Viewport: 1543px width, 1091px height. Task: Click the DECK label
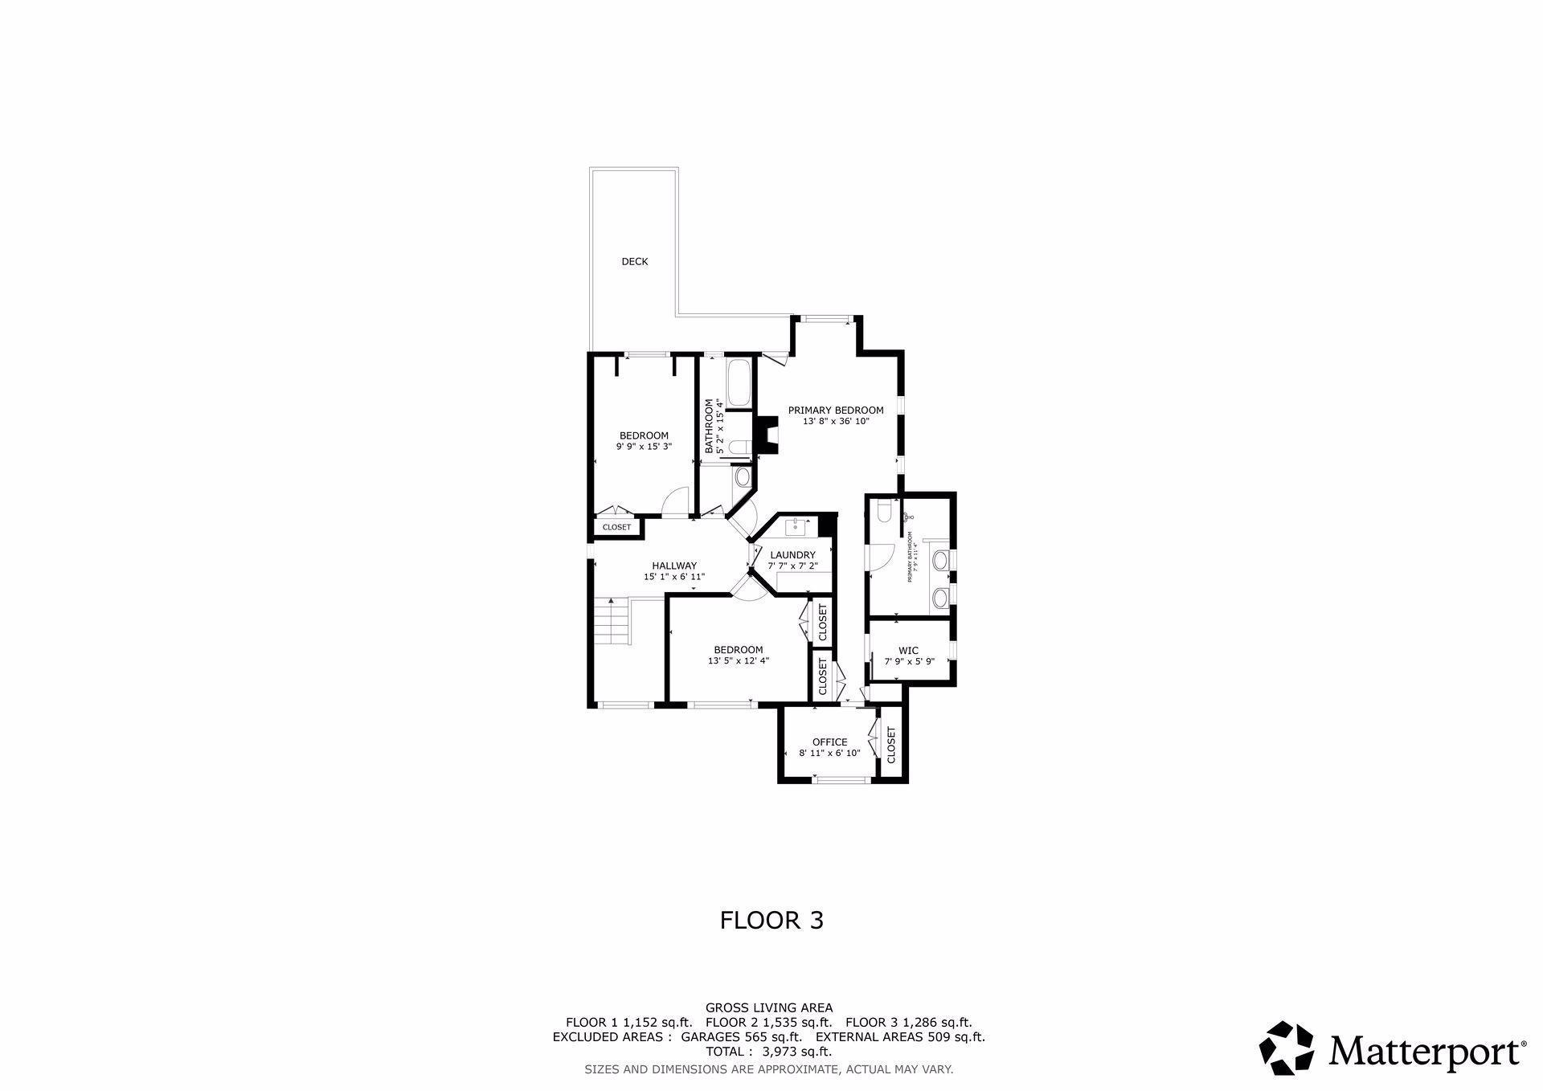pos(634,262)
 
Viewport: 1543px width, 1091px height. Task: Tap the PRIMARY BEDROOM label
pos(835,411)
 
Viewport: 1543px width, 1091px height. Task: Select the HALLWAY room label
pos(674,566)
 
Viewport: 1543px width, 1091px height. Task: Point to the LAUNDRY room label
pos(792,555)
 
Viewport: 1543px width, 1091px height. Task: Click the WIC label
pos(908,651)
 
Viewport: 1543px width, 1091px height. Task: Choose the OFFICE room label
pos(829,742)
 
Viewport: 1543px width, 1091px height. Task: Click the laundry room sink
pos(797,526)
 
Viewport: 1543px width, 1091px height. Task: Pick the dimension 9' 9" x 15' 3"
pos(644,447)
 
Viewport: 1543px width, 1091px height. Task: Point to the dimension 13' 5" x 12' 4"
pos(738,661)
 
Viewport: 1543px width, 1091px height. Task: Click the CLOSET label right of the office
pos(891,745)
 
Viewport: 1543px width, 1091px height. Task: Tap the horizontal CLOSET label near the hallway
pos(616,527)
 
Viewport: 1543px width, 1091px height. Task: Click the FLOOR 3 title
pos(771,920)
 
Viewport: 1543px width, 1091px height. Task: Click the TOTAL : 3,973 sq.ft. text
pos(768,1051)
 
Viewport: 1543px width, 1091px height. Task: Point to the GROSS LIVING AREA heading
pos(768,1007)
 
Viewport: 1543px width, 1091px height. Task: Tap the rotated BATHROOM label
pos(709,427)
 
